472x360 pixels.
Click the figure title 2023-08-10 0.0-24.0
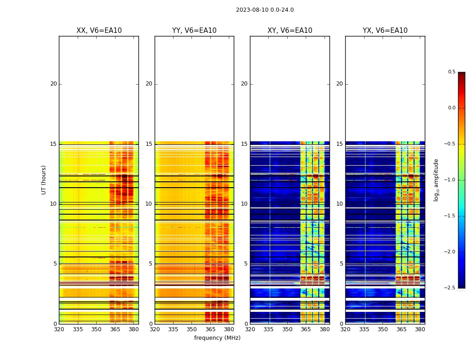coord(265,10)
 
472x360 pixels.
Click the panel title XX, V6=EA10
coord(99,31)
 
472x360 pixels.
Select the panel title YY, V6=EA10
coord(194,31)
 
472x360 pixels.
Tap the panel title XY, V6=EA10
coord(290,31)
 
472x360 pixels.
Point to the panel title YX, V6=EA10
coord(385,31)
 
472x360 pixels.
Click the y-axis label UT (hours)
coord(44,180)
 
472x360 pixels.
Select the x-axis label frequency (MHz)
coord(217,338)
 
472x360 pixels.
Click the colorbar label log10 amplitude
coord(436,180)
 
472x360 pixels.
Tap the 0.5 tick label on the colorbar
coord(451,72)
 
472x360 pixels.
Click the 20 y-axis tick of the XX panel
coord(53,84)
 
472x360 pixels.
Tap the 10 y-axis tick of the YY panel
coord(149,204)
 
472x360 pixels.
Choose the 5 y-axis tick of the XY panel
coord(245,264)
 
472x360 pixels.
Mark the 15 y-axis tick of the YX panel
coord(339,144)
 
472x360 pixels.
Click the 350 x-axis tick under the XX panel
coord(96,329)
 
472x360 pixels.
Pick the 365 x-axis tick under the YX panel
coord(401,329)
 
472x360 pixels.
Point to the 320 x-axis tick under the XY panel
coord(250,329)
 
